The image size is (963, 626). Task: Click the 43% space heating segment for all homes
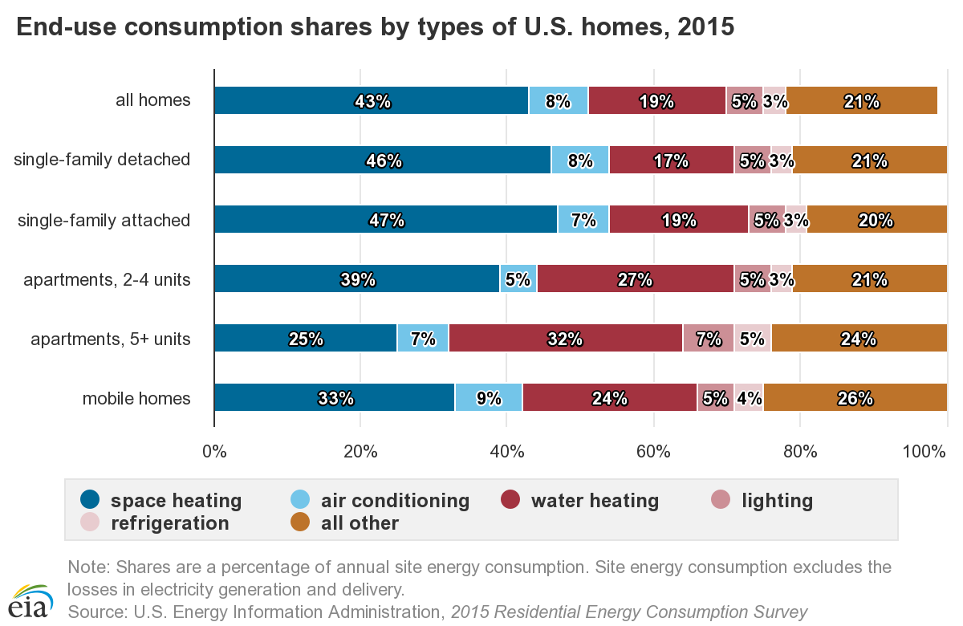pos(372,100)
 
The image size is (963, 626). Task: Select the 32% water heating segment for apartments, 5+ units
pos(566,338)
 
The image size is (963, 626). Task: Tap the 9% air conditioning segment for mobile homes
pos(489,397)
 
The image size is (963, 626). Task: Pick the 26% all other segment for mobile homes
pos(855,397)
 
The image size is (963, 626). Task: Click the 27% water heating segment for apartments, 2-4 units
pos(636,278)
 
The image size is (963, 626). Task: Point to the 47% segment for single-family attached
pos(386,219)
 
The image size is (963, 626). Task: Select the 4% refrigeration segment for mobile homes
pos(749,397)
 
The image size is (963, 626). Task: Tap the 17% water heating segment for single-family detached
pos(672,160)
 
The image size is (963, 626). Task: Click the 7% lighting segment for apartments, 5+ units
pos(709,338)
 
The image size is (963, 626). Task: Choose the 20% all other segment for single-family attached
pos(877,219)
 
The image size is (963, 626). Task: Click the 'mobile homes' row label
pos(136,399)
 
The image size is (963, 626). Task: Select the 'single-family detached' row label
pos(102,160)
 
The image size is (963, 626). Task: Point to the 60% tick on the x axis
pos(653,452)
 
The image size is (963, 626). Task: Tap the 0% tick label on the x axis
pos(214,452)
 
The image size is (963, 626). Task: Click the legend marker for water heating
pos(510,499)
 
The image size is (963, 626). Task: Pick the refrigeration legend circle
pos(90,522)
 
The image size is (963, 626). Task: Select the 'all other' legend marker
pos(300,522)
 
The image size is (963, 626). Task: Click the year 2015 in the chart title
pos(706,26)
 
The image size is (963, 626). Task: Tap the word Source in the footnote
pos(97,612)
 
